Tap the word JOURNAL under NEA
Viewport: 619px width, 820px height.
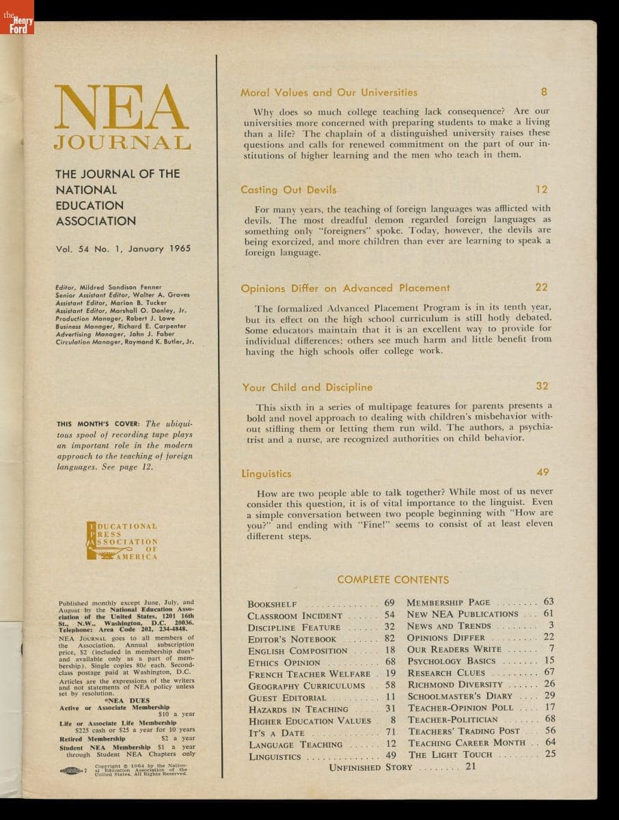coord(122,143)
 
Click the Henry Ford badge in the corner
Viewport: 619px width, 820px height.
coord(16,23)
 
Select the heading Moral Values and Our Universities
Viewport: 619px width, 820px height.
coord(329,92)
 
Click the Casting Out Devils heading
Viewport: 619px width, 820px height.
coord(288,190)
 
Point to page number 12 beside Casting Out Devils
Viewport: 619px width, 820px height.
coord(541,189)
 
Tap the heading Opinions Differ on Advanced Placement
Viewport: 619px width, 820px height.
coord(346,288)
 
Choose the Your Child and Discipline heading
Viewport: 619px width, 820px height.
coord(307,387)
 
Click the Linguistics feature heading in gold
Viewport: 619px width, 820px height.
coord(266,474)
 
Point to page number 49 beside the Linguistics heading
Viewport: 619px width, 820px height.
coord(542,472)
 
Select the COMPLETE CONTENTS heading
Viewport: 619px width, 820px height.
coord(393,579)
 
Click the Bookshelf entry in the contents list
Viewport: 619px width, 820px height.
coord(273,604)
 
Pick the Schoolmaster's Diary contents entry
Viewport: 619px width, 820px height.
coord(460,696)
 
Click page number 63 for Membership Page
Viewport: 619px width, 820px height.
coord(548,602)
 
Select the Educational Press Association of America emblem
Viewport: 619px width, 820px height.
coord(124,541)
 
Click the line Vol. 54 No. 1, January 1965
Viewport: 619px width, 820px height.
coord(123,249)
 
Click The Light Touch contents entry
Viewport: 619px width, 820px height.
coord(450,755)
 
